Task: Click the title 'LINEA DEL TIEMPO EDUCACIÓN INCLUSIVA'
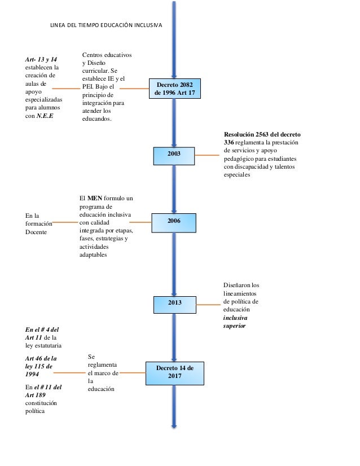[106, 25]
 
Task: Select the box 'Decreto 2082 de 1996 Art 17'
[175, 89]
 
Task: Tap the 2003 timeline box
[174, 156]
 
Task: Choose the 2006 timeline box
[174, 223]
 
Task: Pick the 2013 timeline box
[175, 305]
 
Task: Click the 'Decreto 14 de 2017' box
[175, 373]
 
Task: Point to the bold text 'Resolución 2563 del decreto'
[262, 135]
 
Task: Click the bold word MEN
[95, 198]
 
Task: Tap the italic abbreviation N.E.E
[45, 116]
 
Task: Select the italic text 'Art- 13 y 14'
[41, 59]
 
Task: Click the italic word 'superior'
[234, 326]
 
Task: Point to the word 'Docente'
[36, 232]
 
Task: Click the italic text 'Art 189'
[36, 395]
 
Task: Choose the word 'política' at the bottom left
[35, 411]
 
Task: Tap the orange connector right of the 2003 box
[207, 155]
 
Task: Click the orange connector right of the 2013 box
[208, 305]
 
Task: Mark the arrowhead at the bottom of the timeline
[174, 426]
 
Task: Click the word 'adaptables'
[93, 254]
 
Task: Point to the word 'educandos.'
[97, 119]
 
